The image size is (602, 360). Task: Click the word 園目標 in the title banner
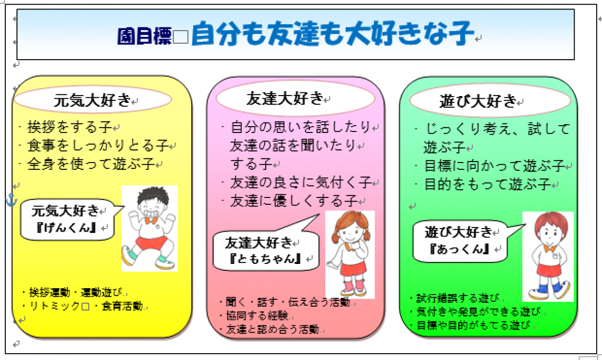tap(144, 36)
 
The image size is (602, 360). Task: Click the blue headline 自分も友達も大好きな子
tap(333, 33)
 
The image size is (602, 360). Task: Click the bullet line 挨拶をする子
tap(70, 127)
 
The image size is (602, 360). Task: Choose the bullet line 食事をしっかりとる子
tap(98, 145)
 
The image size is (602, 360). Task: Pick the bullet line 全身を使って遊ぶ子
tap(91, 164)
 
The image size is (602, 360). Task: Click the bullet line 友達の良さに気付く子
tap(300, 182)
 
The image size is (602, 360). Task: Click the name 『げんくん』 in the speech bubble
tap(67, 228)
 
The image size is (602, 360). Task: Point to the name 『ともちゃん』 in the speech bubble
tap(265, 258)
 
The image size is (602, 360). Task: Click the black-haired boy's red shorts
tap(151, 243)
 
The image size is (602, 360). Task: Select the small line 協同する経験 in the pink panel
tap(257, 316)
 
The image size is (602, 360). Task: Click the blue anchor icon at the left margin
tap(12, 201)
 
